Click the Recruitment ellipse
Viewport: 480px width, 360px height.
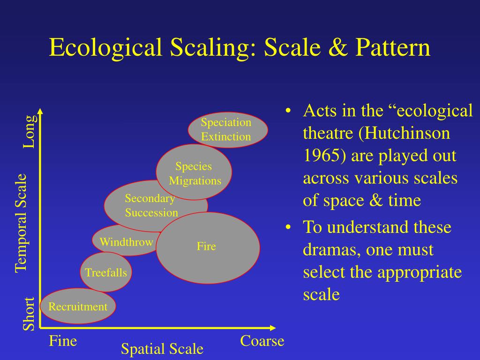(x=78, y=307)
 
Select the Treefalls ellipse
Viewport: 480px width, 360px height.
(x=105, y=272)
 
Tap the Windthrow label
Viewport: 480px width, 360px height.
(x=126, y=242)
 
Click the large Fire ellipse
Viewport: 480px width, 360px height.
(x=208, y=247)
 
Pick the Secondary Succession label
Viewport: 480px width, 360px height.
(x=151, y=205)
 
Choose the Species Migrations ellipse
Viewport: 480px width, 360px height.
(x=194, y=172)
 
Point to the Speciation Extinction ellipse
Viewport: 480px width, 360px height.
(x=227, y=130)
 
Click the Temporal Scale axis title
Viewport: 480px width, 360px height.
(x=21, y=223)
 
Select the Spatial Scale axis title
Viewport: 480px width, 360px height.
(x=162, y=349)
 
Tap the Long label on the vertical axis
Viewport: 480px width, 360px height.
(x=29, y=132)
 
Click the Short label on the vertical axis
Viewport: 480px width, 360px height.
(x=29, y=314)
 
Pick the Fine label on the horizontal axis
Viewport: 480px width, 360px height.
(x=63, y=341)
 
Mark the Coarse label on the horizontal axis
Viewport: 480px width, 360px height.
(x=262, y=341)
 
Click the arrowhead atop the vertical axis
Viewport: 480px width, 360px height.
(x=40, y=112)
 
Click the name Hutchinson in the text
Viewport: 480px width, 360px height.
(x=406, y=134)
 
